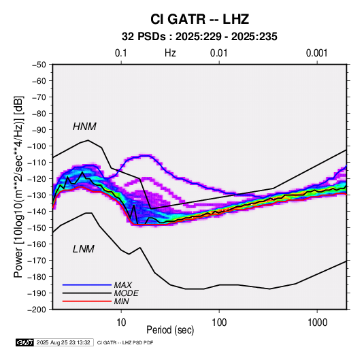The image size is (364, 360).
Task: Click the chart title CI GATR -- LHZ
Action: [x=199, y=19]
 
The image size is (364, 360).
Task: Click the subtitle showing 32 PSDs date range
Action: [x=199, y=37]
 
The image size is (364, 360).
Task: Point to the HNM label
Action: [x=84, y=127]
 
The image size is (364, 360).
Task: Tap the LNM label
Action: [x=84, y=249]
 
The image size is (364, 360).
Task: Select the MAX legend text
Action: [x=123, y=285]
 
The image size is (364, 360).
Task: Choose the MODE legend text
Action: [x=127, y=293]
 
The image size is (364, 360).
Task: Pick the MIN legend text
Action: [x=121, y=301]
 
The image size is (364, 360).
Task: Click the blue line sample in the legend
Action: [x=87, y=285]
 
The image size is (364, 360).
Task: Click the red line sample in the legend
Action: [x=87, y=301]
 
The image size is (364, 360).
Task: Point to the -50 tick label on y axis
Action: [x=39, y=65]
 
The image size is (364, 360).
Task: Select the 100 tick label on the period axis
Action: [x=219, y=323]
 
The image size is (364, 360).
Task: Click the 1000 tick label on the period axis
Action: [x=317, y=323]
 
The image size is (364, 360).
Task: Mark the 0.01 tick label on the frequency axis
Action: [x=218, y=53]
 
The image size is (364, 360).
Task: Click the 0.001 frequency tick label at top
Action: [x=316, y=53]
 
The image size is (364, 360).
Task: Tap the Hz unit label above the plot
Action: [x=170, y=53]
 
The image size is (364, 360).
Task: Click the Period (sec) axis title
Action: [x=170, y=330]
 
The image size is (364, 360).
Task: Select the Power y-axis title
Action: [x=18, y=187]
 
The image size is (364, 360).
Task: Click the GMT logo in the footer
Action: [x=24, y=342]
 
